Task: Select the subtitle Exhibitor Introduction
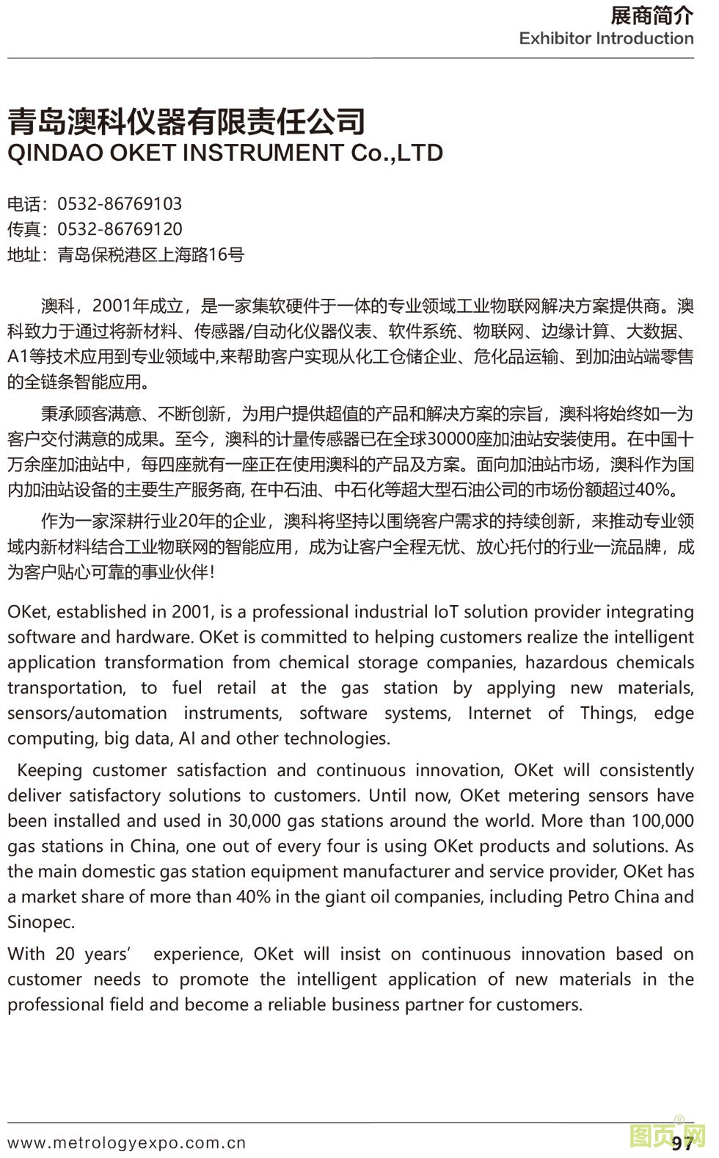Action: pyautogui.click(x=606, y=38)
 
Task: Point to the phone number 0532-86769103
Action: pyautogui.click(x=120, y=203)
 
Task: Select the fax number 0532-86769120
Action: pyautogui.click(x=120, y=229)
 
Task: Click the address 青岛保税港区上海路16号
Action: pyautogui.click(x=150, y=255)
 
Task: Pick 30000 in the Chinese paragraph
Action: pyautogui.click(x=449, y=439)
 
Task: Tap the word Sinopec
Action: pyautogui.click(x=41, y=922)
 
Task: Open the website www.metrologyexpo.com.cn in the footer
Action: pyautogui.click(x=126, y=1143)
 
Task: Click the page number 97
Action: pyautogui.click(x=682, y=1143)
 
